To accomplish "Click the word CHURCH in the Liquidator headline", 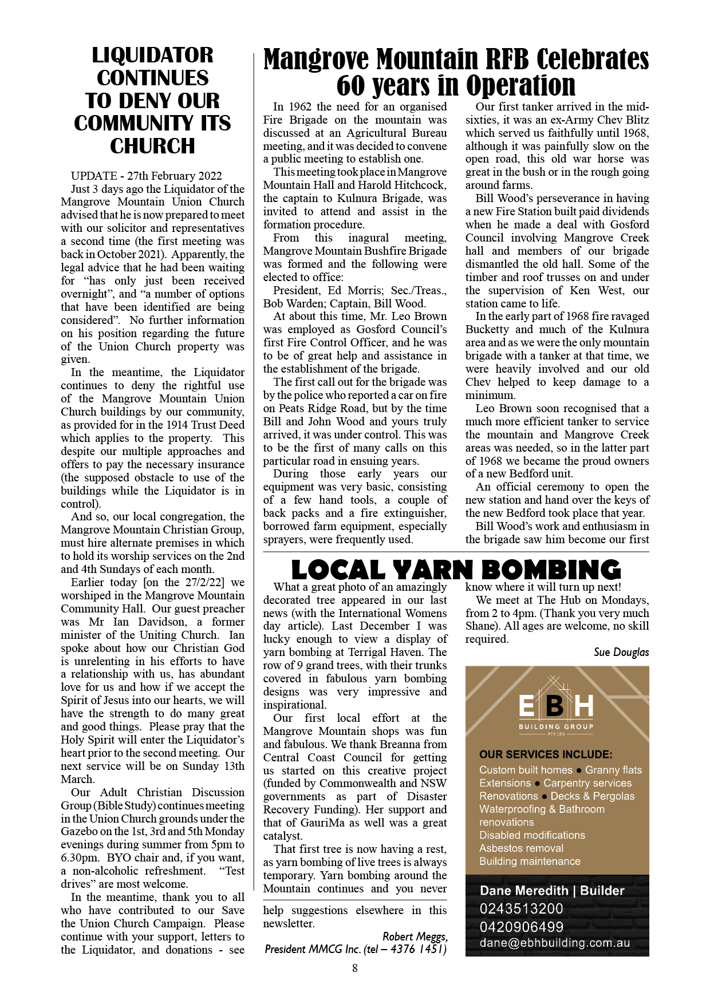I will click(152, 147).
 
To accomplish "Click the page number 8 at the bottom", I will click(355, 968).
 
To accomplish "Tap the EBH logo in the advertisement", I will click(556, 707).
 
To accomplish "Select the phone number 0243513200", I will click(521, 908).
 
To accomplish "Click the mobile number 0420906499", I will click(521, 927).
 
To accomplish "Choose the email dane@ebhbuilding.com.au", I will click(554, 943).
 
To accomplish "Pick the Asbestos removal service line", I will click(521, 848).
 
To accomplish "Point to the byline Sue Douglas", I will click(621, 653).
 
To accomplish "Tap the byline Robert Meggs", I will click(415, 936).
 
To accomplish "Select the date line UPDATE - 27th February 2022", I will click(146, 176).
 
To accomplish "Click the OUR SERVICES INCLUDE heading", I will click(545, 754).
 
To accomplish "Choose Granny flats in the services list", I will click(613, 770).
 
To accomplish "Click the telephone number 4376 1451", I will click(419, 950).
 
